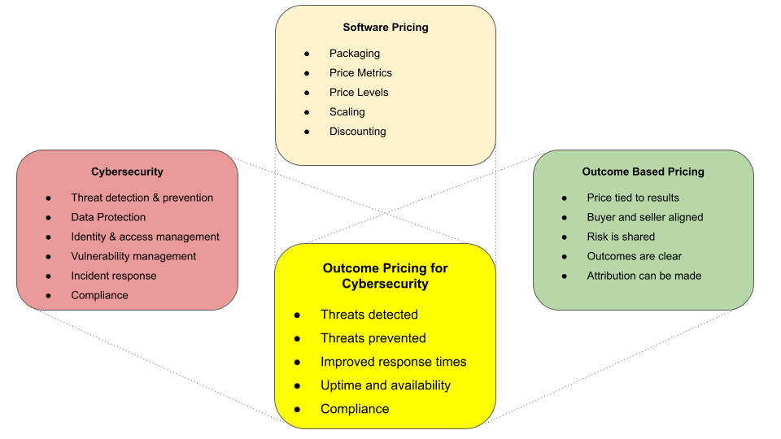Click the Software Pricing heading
pos(386,28)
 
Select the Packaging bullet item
pos(355,54)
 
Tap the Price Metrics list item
pos(360,72)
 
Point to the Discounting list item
pos(358,132)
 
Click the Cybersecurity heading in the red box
pos(127,172)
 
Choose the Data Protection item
pos(108,217)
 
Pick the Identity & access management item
pos(145,237)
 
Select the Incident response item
pos(114,276)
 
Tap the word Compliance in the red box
pos(99,295)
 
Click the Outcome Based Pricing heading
pos(643,172)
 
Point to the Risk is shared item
pos(621,237)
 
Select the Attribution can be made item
pos(644,276)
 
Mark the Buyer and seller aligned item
pos(645,217)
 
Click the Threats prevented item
pos(373,338)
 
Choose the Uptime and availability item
pos(386,385)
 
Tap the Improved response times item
pos(394,362)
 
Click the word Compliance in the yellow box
pos(355,409)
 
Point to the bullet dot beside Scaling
pos(307,112)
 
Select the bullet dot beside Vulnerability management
pos(48,257)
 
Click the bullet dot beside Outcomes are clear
pos(565,257)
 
